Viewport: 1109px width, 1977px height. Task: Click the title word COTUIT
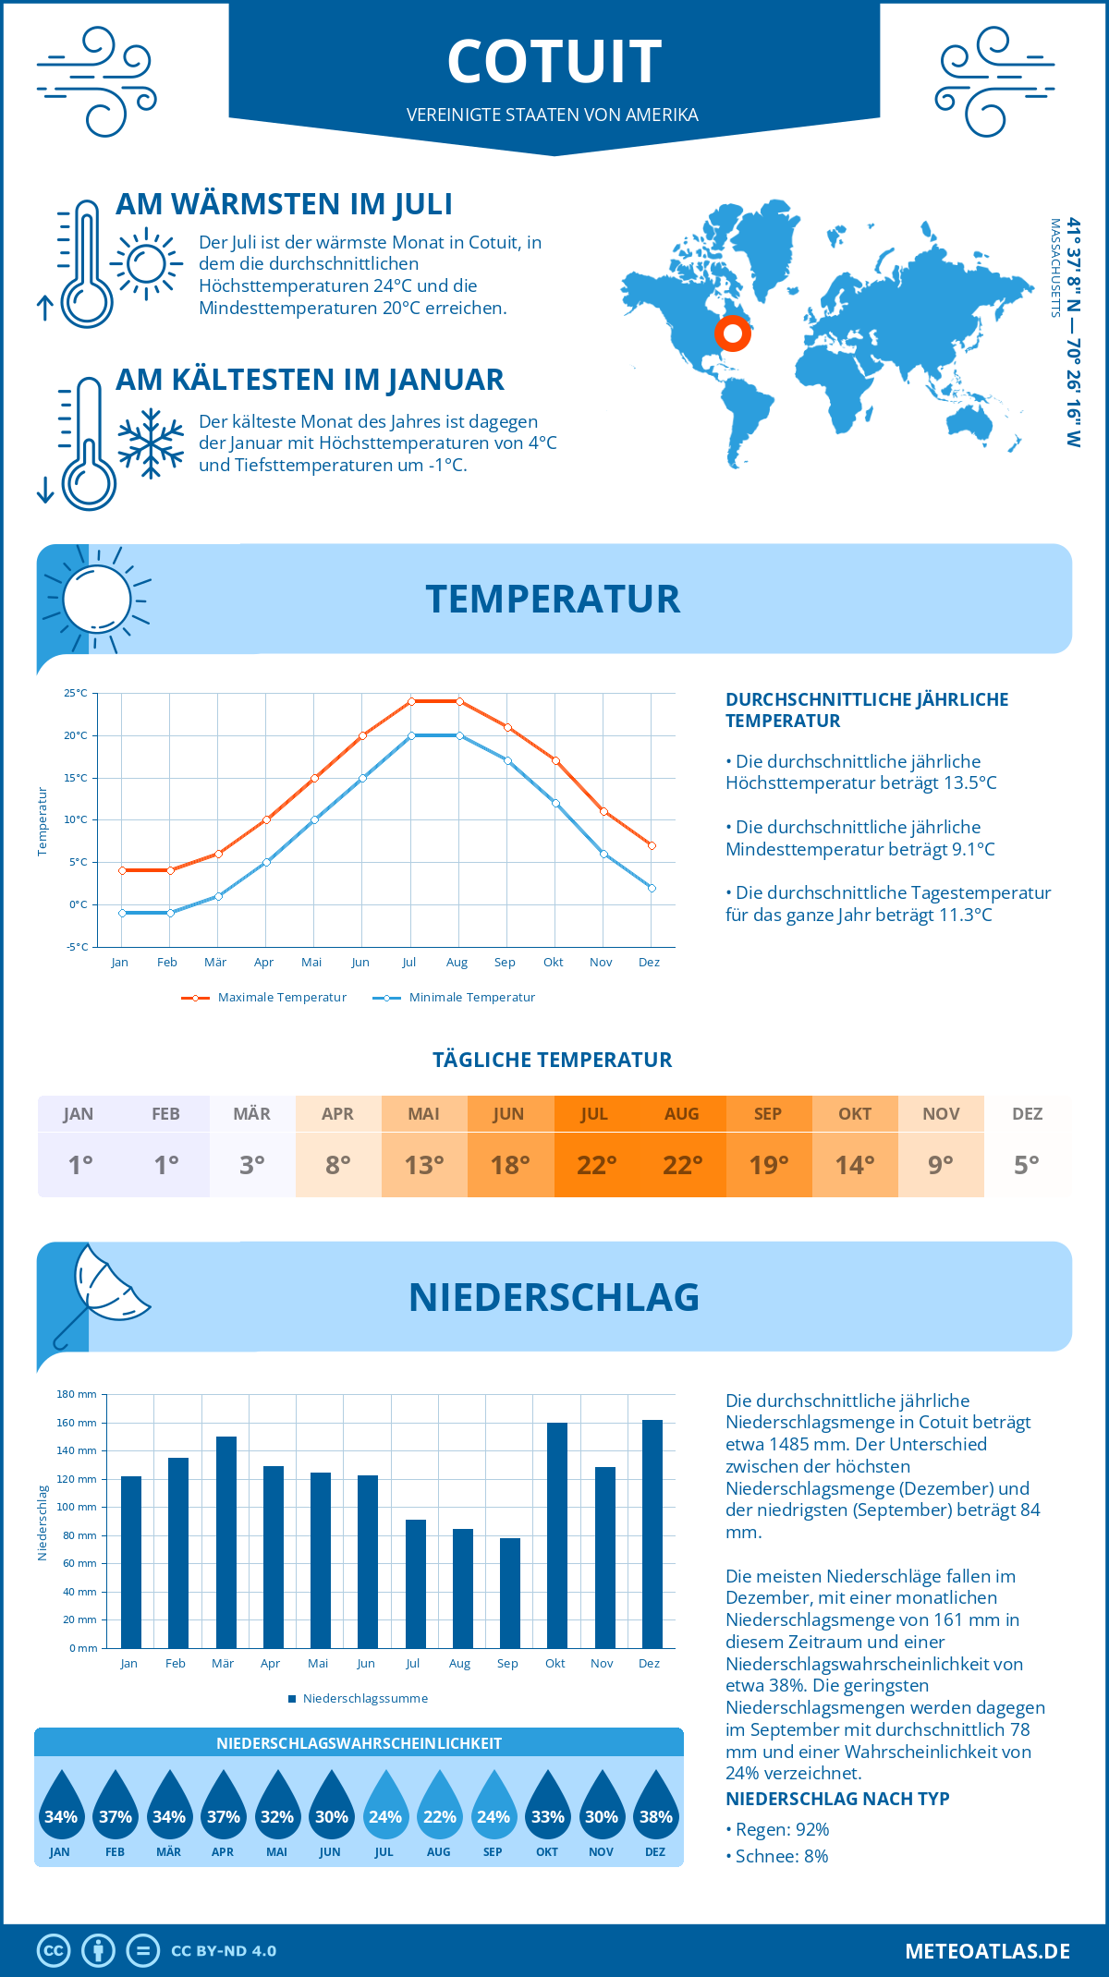pos(554,62)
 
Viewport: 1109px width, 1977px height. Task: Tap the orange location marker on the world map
pos(732,334)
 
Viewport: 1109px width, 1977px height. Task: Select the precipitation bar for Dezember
pos(652,1534)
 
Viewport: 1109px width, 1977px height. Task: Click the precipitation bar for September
pos(510,1593)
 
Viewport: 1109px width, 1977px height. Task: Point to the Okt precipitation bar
pos(557,1534)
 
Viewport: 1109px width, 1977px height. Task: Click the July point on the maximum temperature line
pos(411,701)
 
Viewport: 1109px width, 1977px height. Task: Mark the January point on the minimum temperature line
pos(122,913)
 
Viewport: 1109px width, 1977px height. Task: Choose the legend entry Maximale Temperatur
pos(265,998)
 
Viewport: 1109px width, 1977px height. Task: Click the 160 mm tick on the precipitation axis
pos(77,1423)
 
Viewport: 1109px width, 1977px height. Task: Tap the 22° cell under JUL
pos(596,1165)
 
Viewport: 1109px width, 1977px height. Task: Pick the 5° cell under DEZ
pos(1027,1165)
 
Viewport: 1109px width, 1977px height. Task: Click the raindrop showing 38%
pos(655,1812)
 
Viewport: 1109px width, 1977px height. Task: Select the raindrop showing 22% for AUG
pos(439,1812)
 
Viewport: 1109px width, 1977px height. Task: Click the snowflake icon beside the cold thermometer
pos(151,444)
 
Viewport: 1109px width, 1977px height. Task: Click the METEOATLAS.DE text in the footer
pos(987,1951)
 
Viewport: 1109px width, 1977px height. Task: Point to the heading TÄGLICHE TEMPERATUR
pos(553,1060)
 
